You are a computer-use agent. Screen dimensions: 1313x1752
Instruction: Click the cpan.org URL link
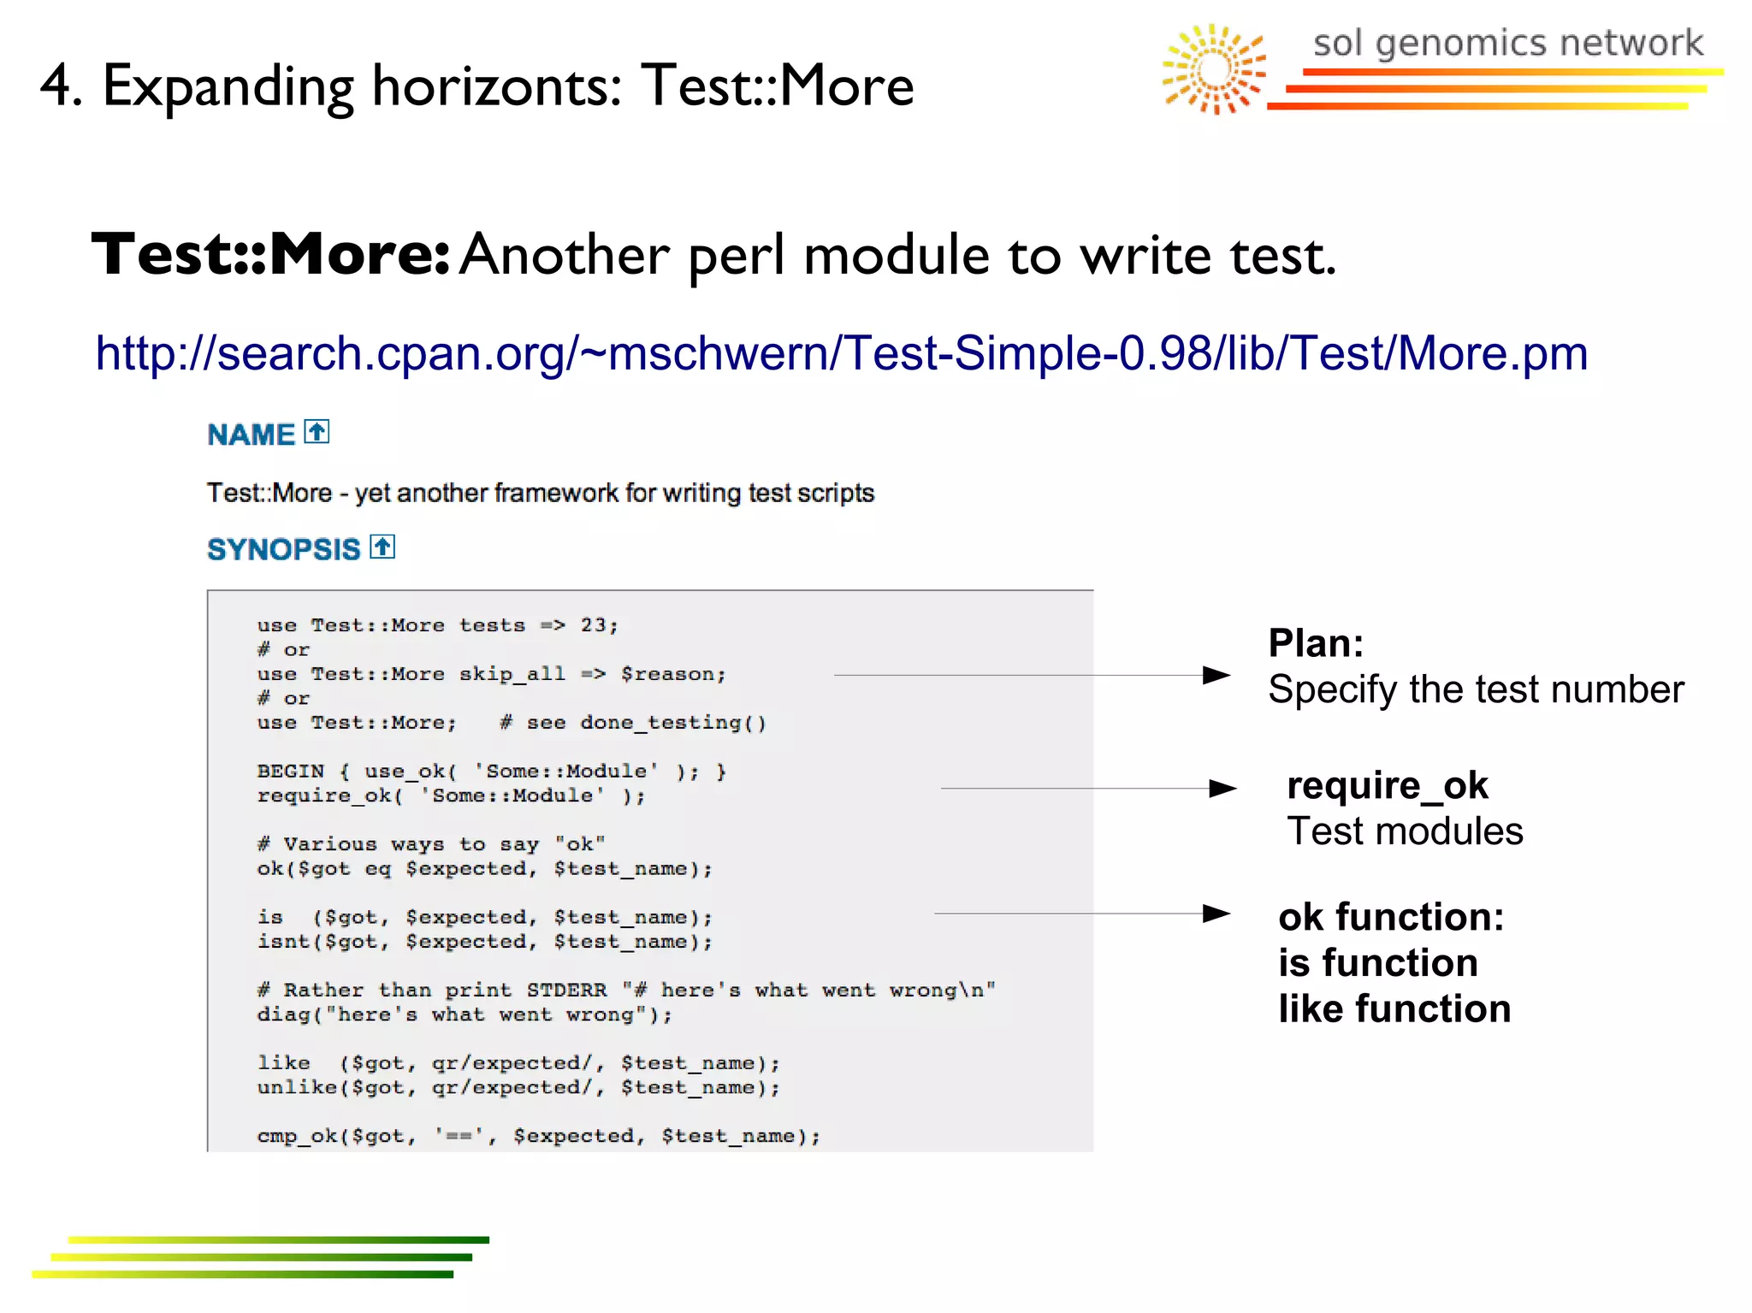[x=841, y=353]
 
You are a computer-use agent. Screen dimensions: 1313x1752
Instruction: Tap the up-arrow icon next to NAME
[x=317, y=432]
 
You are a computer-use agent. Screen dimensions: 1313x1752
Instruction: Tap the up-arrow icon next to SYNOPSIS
[x=382, y=547]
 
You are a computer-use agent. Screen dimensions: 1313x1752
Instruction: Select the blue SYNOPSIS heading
[x=283, y=549]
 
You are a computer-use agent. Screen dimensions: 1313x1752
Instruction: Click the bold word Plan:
[x=1316, y=643]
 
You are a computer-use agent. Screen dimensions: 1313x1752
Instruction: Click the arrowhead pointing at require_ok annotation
[x=1222, y=788]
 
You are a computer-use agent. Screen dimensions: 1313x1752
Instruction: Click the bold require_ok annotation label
[x=1387, y=785]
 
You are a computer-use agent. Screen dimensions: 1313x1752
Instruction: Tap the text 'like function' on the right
[x=1394, y=1009]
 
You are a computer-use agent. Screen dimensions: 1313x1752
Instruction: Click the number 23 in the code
[x=594, y=625]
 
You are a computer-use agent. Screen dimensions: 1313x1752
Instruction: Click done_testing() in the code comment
[x=672, y=723]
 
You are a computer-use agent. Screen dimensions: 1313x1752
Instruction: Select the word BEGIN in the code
[x=291, y=772]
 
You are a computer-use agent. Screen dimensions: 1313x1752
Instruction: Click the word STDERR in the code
[x=566, y=991]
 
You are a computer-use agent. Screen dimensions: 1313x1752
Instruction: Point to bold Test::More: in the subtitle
[x=270, y=255]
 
